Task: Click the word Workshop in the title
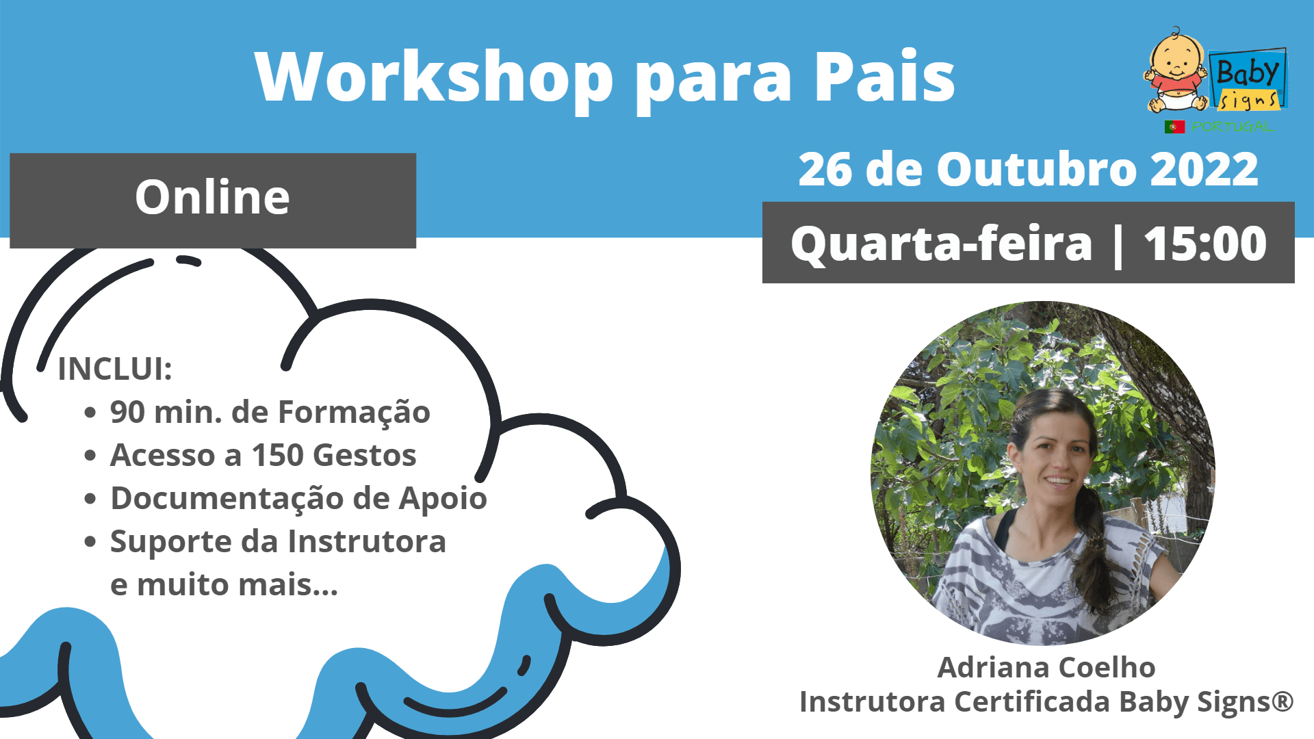point(434,77)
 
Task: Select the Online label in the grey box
point(212,197)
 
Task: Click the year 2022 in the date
point(1204,169)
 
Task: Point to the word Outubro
point(1035,169)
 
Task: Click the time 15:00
point(1205,244)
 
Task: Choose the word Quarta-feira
point(941,244)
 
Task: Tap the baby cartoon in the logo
point(1174,70)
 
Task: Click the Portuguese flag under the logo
point(1174,127)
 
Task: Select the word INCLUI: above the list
point(115,369)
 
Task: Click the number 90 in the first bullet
point(127,412)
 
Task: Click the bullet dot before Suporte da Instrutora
point(90,542)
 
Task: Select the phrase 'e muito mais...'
point(224,584)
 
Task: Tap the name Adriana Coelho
point(1046,667)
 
